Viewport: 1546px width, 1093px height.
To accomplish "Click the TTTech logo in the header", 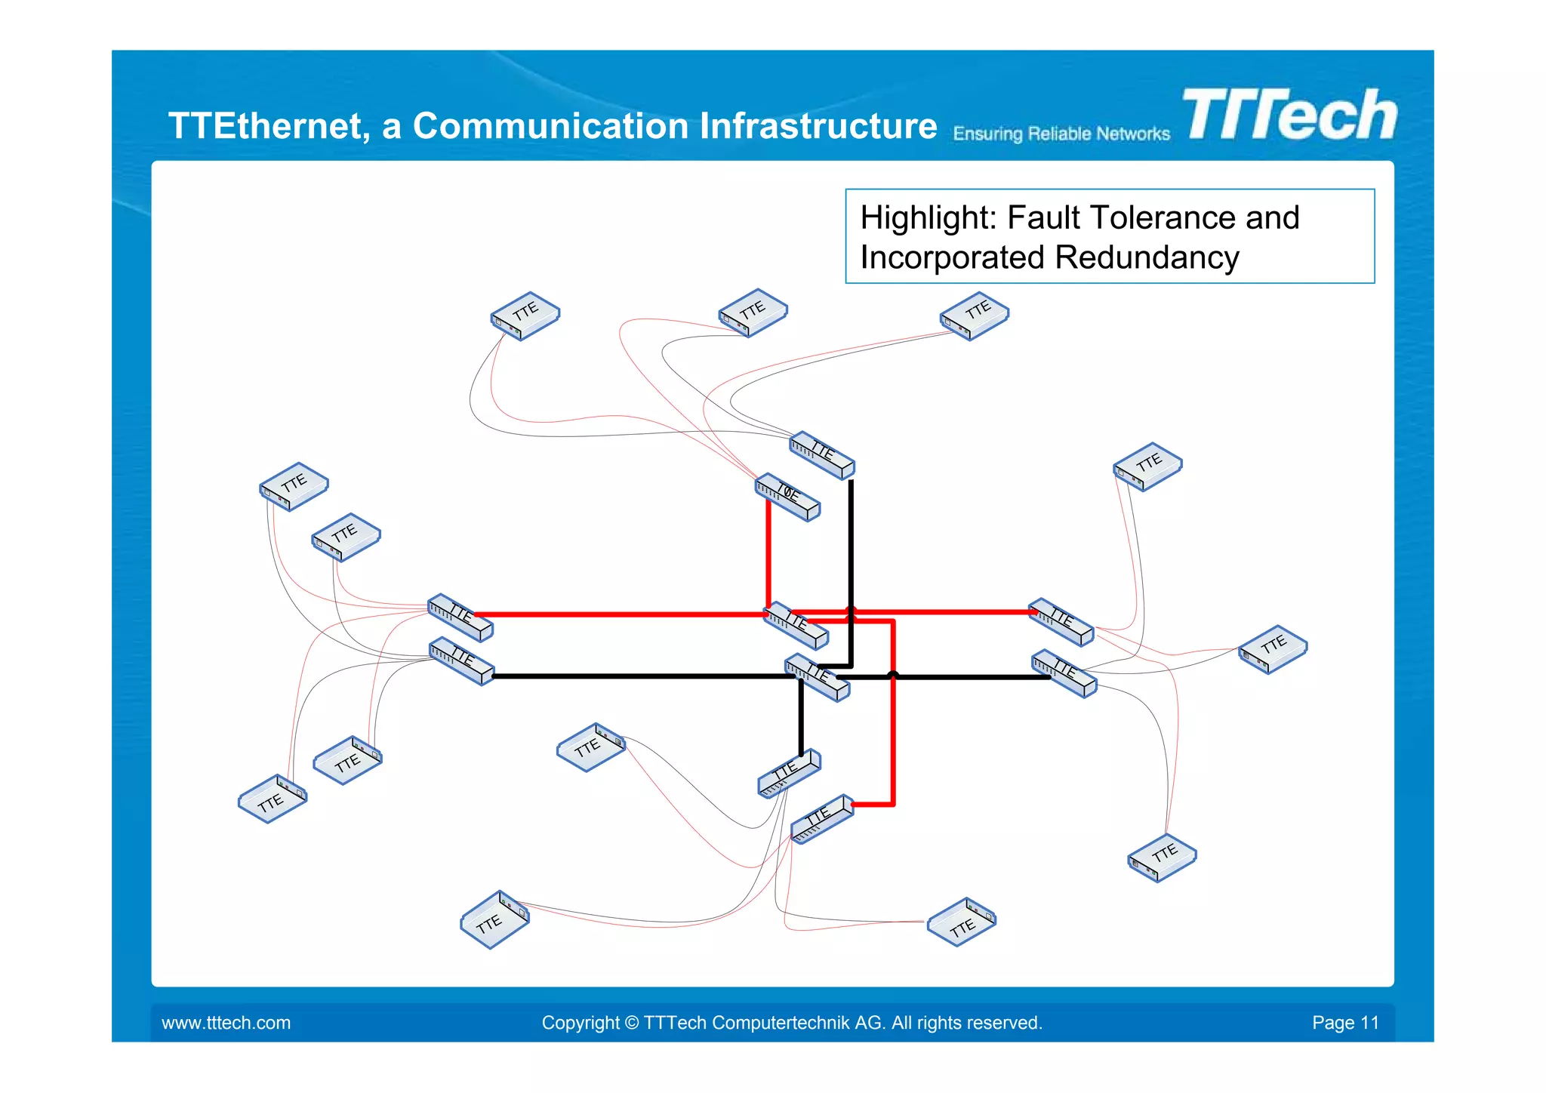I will click(1289, 115).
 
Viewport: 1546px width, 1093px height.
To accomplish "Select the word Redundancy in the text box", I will click(1147, 258).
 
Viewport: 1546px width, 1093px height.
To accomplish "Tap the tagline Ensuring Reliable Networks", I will click(1061, 134).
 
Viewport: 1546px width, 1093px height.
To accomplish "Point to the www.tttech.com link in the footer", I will click(226, 1023).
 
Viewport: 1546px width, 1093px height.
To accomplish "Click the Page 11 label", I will click(1345, 1023).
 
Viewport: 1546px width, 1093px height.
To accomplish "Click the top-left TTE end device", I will click(525, 316).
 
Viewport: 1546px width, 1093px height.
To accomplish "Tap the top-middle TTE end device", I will click(753, 312).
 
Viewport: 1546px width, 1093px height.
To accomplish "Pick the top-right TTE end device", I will click(974, 316).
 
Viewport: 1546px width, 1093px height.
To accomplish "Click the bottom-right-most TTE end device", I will click(1162, 857).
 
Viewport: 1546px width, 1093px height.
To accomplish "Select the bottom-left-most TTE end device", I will click(272, 799).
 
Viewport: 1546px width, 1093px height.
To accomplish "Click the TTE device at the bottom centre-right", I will click(961, 922).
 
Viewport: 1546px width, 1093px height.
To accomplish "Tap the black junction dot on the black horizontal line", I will click(893, 675).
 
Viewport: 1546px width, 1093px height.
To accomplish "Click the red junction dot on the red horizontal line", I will click(851, 611).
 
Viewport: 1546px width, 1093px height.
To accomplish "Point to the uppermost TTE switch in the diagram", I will click(821, 454).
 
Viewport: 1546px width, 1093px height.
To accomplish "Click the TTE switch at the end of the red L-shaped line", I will click(821, 818).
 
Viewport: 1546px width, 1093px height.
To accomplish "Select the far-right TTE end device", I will click(1273, 648).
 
